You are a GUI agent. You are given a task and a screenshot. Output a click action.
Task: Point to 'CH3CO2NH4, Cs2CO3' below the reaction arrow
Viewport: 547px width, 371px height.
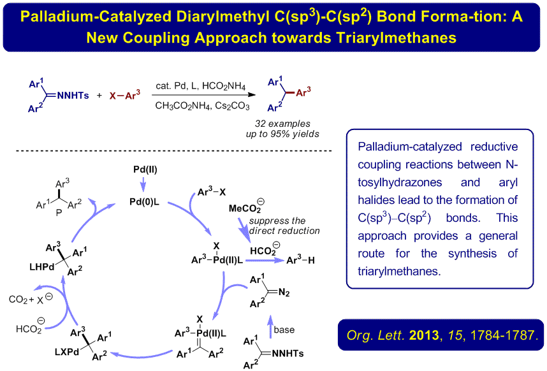click(202, 106)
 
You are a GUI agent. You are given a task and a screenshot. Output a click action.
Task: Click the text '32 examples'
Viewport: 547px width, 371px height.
click(283, 123)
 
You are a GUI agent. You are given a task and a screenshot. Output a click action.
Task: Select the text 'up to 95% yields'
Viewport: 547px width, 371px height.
click(283, 133)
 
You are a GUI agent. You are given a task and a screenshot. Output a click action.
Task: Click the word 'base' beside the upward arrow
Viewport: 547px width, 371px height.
click(284, 330)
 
